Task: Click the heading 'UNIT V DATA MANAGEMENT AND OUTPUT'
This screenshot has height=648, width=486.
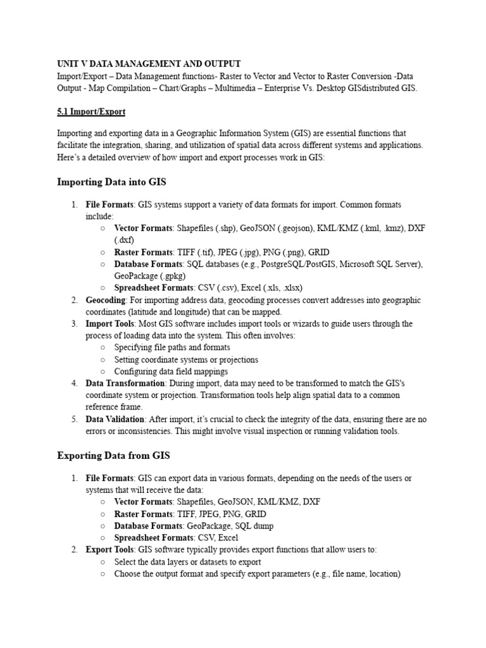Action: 149,64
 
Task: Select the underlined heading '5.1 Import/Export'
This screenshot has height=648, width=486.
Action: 91,111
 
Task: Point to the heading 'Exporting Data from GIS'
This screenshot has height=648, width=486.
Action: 113,456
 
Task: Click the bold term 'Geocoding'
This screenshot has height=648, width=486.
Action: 106,300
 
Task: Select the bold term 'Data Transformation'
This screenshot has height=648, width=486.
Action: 125,383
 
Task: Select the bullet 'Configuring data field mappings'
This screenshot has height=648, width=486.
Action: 171,371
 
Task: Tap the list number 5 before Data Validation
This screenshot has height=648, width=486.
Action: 74,419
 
